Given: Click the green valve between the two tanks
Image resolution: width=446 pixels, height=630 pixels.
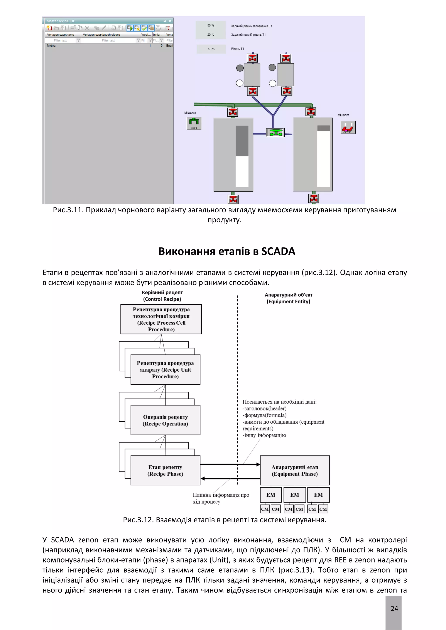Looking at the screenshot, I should coord(275,133).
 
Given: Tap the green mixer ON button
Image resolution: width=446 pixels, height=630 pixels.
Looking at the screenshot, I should coord(194,123).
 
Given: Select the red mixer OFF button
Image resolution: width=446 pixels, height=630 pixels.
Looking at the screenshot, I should coord(348,127).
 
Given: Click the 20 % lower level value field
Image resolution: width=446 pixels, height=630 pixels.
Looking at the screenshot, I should coord(211,35).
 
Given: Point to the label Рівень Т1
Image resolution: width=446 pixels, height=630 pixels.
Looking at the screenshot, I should coord(237,49).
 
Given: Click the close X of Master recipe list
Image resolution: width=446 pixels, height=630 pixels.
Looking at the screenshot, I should coord(170,21).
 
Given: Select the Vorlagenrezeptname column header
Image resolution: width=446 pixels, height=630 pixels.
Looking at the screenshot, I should coord(61,35).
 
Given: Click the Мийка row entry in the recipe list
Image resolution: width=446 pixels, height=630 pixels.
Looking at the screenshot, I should coord(51,45).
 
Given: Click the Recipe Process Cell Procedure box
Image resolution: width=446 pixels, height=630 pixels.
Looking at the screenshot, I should coord(161,319).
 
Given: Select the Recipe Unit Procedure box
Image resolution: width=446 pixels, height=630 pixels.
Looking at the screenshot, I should coord(165,370).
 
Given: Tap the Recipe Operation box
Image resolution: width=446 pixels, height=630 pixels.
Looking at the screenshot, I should coord(165,420).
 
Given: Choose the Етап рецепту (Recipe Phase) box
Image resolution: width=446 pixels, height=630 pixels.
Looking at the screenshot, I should coord(165,470).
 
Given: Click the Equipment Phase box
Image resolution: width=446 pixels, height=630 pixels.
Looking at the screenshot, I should coord(295,470).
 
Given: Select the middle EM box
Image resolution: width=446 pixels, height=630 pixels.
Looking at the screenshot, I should coord(295,495).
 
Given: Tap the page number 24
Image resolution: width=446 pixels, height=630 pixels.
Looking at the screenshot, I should coord(394,609).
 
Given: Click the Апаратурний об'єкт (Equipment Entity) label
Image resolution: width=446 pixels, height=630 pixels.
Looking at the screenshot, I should coord(288,298).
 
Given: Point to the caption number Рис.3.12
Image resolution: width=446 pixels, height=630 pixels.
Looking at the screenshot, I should coord(138,520).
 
